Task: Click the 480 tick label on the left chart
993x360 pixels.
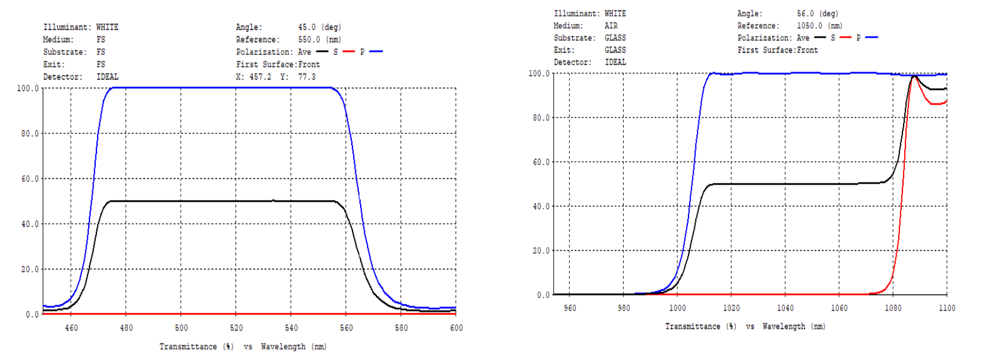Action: tap(126, 328)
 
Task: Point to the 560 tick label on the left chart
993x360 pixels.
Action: tap(347, 328)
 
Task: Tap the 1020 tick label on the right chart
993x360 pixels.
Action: tap(731, 308)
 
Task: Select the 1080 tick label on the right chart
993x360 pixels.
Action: tap(893, 308)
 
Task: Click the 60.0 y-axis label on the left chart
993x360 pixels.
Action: tap(30, 179)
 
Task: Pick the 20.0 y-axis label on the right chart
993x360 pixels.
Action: tap(541, 251)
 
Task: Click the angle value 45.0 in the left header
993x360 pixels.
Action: tap(306, 27)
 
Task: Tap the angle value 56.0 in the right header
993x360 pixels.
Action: tap(805, 13)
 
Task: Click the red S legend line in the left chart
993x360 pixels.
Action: tap(349, 51)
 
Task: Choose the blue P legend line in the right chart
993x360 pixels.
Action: tap(871, 37)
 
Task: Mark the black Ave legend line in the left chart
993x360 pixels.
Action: tap(322, 51)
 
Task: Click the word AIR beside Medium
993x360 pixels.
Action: tap(611, 26)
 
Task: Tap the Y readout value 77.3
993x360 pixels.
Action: tap(306, 77)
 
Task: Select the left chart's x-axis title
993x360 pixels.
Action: tap(243, 347)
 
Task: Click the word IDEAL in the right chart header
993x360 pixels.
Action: tap(615, 62)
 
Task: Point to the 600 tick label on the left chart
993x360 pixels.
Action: tap(456, 328)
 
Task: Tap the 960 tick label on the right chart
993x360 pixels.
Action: tap(569, 308)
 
